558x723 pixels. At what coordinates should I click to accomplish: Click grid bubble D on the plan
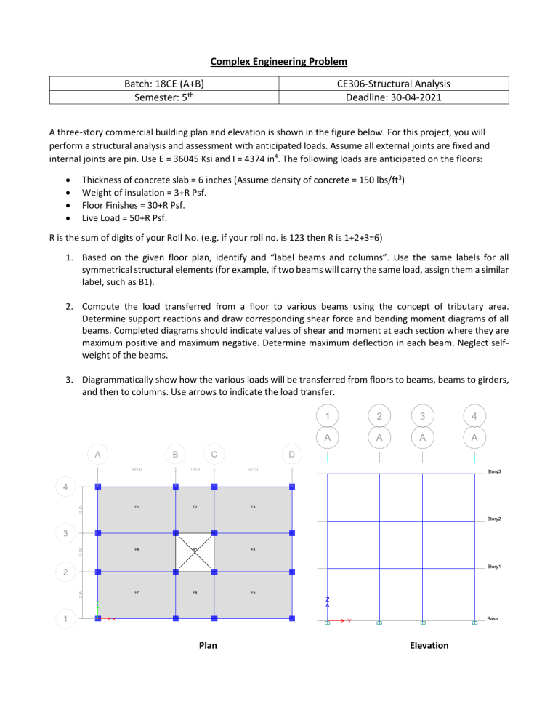click(291, 454)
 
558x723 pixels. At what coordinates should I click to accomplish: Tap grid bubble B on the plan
click(175, 454)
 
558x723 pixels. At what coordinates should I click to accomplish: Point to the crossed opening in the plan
click(195, 552)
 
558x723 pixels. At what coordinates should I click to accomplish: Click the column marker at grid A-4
click(98, 487)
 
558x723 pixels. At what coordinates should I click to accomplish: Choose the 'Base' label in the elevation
click(493, 619)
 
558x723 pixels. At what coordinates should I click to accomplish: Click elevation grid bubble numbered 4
click(474, 415)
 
